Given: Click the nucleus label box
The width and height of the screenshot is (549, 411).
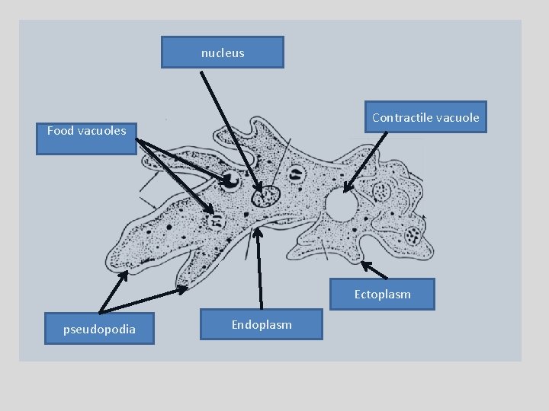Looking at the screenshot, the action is [x=223, y=53].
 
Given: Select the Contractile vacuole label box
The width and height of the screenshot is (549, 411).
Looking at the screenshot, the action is [x=425, y=117].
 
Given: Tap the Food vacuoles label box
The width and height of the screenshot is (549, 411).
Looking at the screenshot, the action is [x=87, y=137].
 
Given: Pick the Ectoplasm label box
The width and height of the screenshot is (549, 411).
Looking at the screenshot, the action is [x=382, y=294].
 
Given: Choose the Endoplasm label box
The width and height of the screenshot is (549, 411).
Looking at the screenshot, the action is [x=262, y=324].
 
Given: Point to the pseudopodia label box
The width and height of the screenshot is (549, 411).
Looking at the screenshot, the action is [x=99, y=329].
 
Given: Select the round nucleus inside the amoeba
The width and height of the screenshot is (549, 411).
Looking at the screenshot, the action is [x=267, y=196].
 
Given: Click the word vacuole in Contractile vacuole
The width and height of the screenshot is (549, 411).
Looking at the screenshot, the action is [x=456, y=117].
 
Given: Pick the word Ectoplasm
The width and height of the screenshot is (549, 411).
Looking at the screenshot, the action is [x=382, y=294].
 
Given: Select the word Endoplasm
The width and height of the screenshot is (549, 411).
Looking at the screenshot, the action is [x=262, y=324].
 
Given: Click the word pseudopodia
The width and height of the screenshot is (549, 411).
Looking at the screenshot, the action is [x=99, y=329].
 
